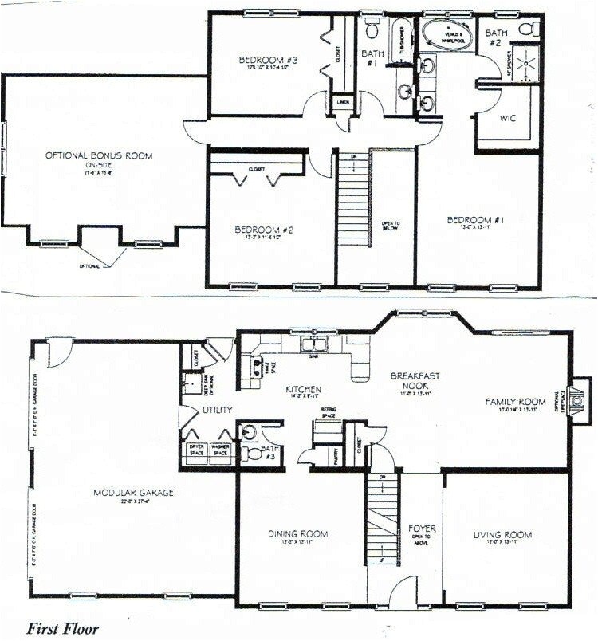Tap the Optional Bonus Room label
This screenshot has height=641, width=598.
pos(99,155)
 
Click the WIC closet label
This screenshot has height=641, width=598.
pos(508,118)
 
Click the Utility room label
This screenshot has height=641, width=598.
pos(217,410)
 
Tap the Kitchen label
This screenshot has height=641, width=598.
pos(304,389)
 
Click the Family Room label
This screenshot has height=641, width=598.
pos(515,401)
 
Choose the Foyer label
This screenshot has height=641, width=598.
pos(420,528)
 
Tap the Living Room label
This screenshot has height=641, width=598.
pos(502,534)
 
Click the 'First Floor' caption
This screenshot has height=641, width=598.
pos(63,629)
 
